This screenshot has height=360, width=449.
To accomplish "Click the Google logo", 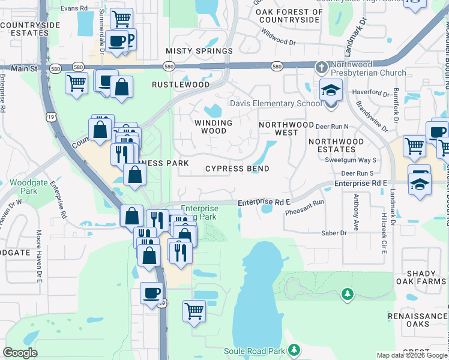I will tap(20, 352).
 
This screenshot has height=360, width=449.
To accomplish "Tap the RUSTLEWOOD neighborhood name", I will tap(181, 85).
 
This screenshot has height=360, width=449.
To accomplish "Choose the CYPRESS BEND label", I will tap(237, 169).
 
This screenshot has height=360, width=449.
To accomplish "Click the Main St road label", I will tap(24, 69).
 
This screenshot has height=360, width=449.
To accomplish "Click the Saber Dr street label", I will tap(334, 233).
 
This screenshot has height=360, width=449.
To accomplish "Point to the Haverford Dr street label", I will tap(371, 92).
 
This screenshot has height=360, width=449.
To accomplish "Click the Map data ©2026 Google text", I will tap(412, 355).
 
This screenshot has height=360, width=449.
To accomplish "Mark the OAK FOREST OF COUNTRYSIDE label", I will tap(291, 16).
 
